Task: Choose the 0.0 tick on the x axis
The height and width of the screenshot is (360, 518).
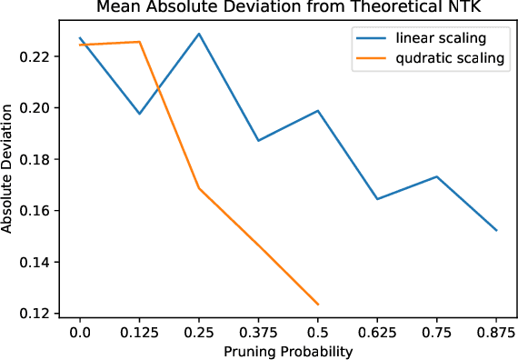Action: [x=80, y=333]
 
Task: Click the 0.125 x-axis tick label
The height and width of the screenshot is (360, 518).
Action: [x=139, y=333]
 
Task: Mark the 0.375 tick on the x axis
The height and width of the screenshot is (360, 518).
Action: [x=258, y=333]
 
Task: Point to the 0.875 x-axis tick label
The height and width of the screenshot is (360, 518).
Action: [x=496, y=333]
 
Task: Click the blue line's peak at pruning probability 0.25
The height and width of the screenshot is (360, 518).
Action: [x=199, y=34]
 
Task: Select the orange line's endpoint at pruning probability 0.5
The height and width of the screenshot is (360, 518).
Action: [x=318, y=305]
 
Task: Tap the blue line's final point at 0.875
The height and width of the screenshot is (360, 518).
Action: [x=496, y=230]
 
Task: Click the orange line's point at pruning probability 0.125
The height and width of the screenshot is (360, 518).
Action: [x=139, y=42]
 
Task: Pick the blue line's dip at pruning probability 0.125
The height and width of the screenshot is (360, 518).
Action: [x=139, y=114]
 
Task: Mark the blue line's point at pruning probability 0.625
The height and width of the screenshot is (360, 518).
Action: [x=377, y=199]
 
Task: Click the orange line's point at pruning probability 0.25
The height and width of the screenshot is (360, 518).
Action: [x=199, y=188]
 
